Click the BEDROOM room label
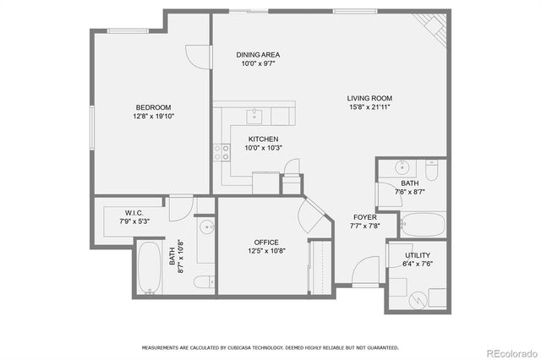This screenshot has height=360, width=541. click(x=154, y=107)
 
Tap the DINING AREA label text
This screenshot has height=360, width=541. click(x=258, y=54)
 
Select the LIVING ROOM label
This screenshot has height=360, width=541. click(x=370, y=98)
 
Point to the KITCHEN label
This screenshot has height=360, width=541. click(x=263, y=139)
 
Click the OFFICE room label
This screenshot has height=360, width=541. click(x=263, y=241)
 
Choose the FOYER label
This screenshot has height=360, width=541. click(x=365, y=217)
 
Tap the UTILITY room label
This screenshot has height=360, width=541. click(x=420, y=254)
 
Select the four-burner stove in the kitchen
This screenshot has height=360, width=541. click(x=222, y=152)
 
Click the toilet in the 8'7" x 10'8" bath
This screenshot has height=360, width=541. click(x=204, y=281)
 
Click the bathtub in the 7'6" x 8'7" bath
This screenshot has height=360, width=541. click(x=423, y=224)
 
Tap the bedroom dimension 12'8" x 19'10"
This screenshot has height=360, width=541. click(x=154, y=117)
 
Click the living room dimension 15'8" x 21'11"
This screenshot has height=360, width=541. click(x=370, y=107)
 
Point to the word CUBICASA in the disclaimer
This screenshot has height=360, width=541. click(x=238, y=346)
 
